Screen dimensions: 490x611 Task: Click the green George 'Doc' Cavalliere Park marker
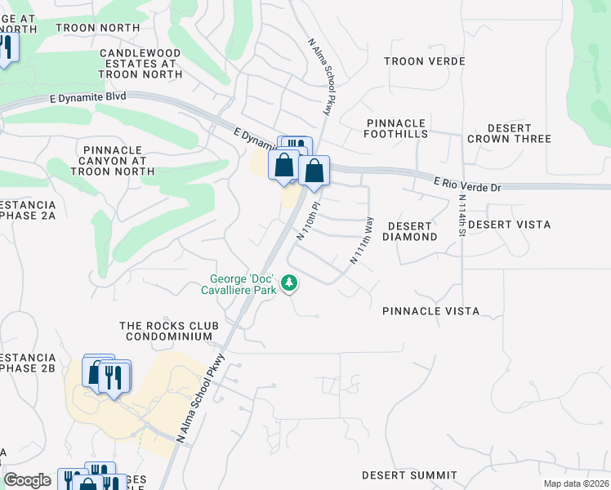coord(288,283)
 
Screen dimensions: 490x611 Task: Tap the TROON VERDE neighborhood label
coord(424,61)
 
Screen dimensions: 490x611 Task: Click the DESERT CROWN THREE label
coord(509,134)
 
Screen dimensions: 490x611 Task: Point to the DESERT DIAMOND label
coord(413,231)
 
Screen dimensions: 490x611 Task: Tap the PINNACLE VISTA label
coord(430,311)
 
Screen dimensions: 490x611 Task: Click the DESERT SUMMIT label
coord(409,474)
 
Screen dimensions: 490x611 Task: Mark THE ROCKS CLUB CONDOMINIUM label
coord(166,331)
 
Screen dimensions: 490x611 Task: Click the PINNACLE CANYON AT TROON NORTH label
coord(114,161)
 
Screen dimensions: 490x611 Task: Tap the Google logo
coord(27,480)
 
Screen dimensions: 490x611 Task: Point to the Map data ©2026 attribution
coord(575,483)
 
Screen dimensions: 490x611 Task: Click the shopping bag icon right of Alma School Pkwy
coord(314,171)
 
